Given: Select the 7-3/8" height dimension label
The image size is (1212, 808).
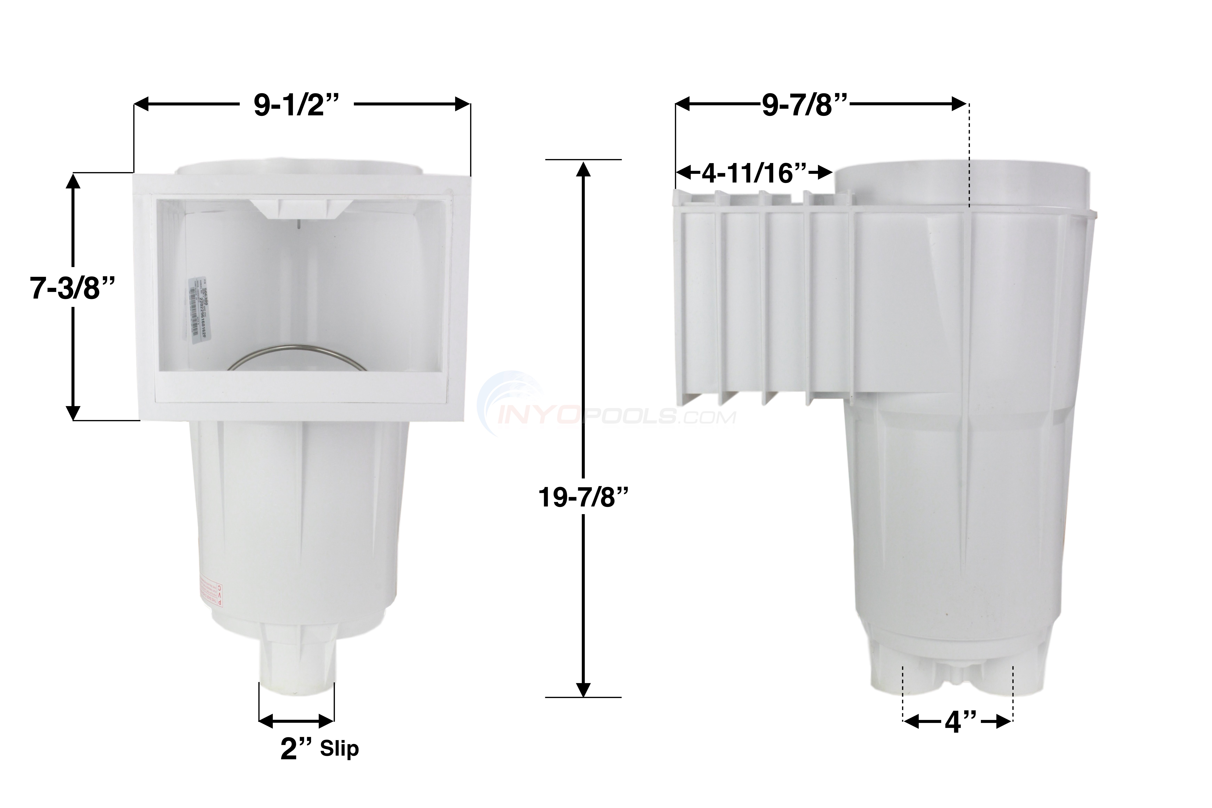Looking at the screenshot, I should [x=72, y=288].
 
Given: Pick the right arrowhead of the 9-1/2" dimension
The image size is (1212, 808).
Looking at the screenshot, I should [x=463, y=105].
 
